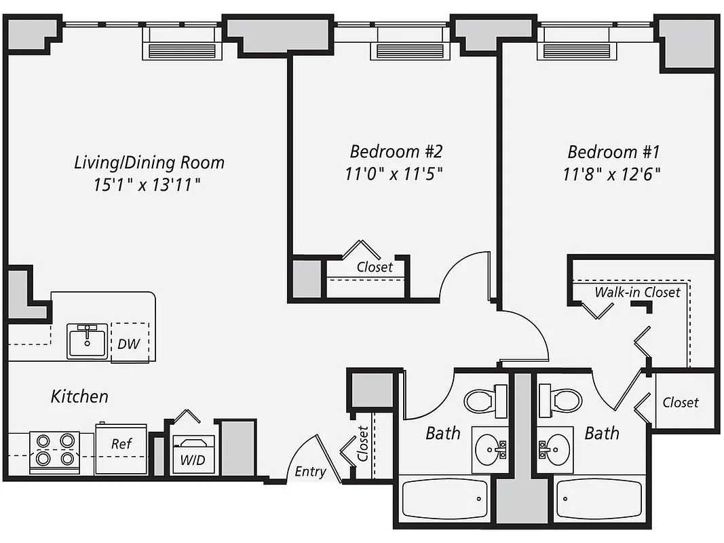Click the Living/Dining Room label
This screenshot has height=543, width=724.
(149, 163)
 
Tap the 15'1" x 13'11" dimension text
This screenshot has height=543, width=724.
(149, 185)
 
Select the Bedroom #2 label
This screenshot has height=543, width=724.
(396, 151)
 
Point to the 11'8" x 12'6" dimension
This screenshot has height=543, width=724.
(612, 174)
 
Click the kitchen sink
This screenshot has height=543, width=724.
(87, 340)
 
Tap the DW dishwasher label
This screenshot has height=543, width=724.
(128, 343)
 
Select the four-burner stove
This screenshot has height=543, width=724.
(55, 451)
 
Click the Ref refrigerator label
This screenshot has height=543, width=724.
(121, 444)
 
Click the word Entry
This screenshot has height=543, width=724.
(310, 471)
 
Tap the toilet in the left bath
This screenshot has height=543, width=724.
(485, 400)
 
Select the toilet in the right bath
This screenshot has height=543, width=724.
(560, 400)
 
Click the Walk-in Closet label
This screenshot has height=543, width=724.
(637, 293)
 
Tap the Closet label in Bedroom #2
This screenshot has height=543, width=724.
(375, 267)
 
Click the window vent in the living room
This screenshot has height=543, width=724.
(181, 51)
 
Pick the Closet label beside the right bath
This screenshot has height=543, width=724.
(681, 402)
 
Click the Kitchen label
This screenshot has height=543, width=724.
(79, 396)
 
